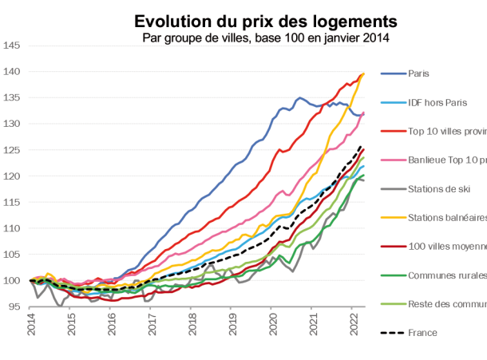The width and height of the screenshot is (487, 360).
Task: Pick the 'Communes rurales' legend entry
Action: click(446, 276)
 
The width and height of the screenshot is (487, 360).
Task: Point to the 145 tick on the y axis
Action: click(12, 45)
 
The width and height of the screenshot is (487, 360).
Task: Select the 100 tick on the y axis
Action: click(12, 280)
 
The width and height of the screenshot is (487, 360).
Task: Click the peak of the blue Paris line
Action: click(301, 97)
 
